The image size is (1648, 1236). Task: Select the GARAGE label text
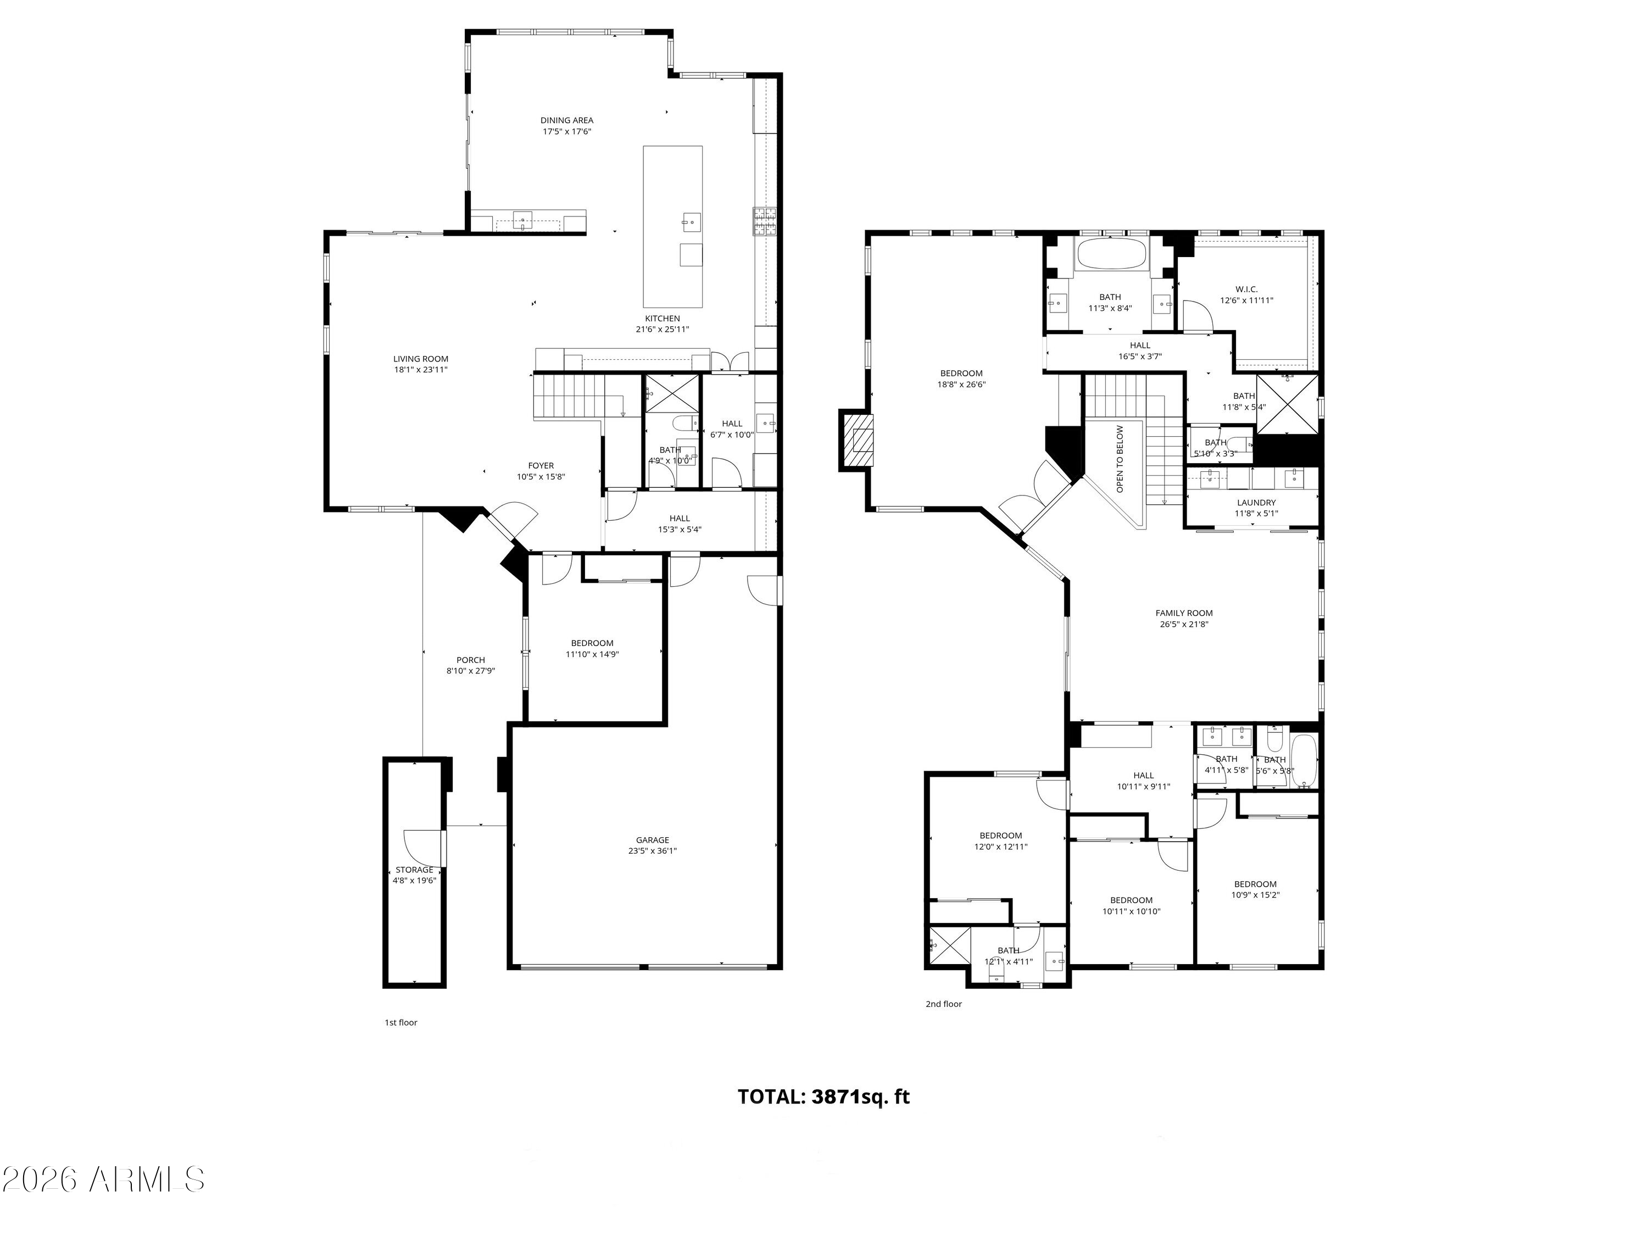[652, 839]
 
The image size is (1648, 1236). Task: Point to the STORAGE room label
[414, 870]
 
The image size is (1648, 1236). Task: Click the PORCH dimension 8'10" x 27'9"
[470, 671]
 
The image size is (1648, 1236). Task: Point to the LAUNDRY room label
[1256, 503]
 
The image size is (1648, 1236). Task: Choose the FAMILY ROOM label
[1184, 613]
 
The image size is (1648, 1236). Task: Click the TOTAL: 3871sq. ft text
[823, 1096]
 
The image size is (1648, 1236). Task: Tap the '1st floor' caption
[401, 1022]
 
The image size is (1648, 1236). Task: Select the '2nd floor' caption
[943, 1004]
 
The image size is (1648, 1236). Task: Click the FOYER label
[541, 466]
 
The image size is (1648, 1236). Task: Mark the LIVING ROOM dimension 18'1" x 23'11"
[421, 370]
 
